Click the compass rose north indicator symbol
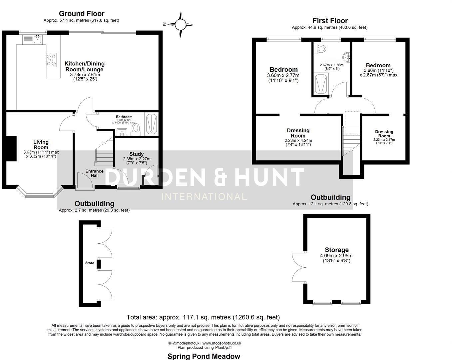(180, 24)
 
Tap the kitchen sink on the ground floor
(37, 39)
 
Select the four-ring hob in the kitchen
(51, 60)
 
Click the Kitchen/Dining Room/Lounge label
(84, 66)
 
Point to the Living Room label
(41, 145)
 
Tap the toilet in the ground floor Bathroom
(136, 128)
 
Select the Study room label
(136, 154)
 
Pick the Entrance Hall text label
(94, 173)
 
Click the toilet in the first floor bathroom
(321, 49)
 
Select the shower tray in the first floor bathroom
(321, 84)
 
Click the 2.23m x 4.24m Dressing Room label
(298, 133)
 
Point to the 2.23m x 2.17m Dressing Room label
(384, 134)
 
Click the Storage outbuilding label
(336, 250)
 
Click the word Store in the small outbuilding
(90, 263)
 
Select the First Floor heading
(330, 21)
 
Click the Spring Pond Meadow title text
(204, 356)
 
